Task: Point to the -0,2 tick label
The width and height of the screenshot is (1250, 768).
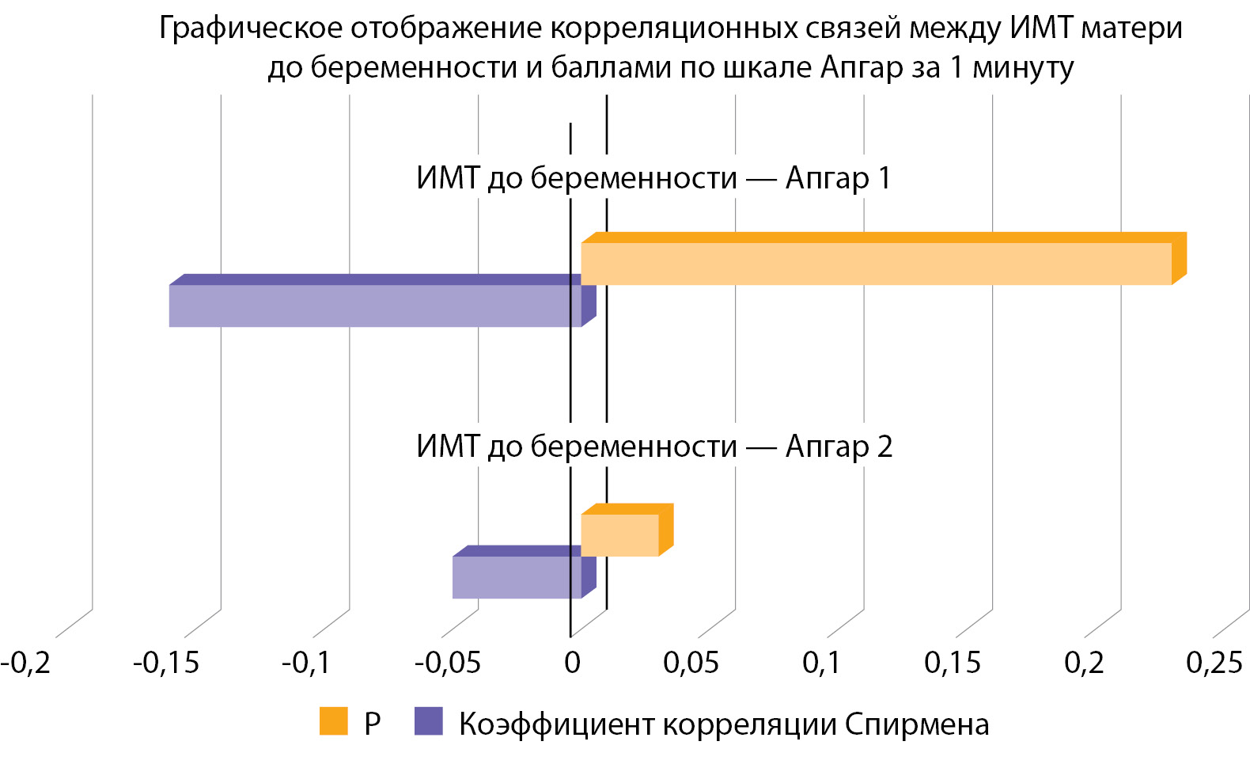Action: tap(25, 662)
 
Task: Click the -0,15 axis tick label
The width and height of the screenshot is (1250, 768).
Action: tap(166, 662)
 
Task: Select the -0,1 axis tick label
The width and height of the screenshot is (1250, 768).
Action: tap(306, 662)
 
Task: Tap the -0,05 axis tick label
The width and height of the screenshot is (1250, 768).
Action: tap(447, 662)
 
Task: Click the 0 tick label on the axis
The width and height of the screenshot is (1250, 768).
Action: tap(572, 662)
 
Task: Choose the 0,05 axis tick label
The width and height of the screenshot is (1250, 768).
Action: tap(691, 662)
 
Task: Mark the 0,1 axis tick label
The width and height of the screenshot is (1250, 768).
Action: tap(821, 662)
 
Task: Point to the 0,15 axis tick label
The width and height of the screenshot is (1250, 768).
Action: tap(952, 662)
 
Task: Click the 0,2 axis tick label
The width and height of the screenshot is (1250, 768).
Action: tap(1083, 662)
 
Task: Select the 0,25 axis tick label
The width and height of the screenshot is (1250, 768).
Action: tap(1214, 662)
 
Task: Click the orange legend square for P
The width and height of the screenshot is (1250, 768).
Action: tap(333, 721)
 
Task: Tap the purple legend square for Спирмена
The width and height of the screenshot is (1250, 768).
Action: tap(428, 721)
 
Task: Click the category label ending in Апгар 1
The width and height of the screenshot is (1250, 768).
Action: tap(653, 178)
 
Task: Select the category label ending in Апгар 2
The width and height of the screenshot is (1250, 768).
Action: tap(653, 447)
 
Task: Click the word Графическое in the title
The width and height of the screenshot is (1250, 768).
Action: tap(250, 29)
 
